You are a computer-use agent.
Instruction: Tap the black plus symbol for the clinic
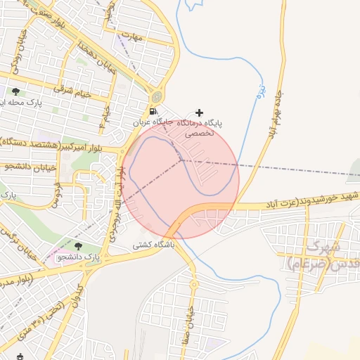200,112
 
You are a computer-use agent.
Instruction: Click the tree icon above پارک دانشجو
78,247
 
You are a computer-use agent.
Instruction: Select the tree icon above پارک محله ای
16,92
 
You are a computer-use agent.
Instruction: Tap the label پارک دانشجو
82,257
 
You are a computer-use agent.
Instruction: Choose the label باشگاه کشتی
151,246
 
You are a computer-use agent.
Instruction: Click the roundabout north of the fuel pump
156,96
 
